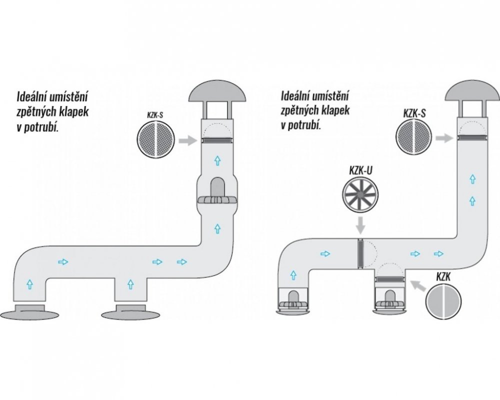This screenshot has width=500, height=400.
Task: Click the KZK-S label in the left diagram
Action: point(155,115)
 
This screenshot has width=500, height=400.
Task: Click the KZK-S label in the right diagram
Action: point(414,113)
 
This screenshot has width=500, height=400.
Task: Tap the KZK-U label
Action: point(360,170)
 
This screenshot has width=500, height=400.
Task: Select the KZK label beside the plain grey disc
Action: point(443,276)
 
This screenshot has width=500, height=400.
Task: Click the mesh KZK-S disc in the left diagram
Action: point(156,139)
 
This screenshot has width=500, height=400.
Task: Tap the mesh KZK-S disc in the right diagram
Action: point(414,137)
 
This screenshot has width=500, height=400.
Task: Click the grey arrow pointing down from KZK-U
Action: point(360,225)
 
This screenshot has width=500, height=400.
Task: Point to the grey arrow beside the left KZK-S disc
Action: point(188,140)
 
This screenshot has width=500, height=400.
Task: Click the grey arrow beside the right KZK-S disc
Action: point(445,138)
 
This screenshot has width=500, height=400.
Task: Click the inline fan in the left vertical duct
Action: point(218,194)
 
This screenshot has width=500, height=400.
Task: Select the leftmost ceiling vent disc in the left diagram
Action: point(29,312)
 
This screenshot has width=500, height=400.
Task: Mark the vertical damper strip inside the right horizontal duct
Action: point(360,253)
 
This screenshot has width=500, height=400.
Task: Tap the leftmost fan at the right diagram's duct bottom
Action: point(293,301)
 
